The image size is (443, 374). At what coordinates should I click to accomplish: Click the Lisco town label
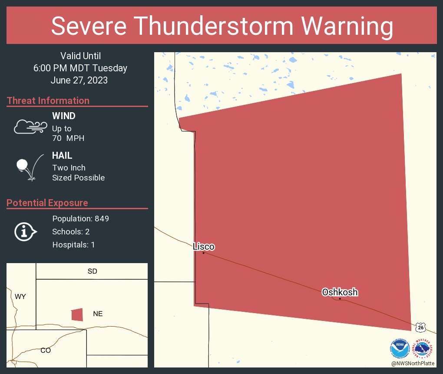tap(204, 247)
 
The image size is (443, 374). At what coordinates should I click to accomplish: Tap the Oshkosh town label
tap(340, 292)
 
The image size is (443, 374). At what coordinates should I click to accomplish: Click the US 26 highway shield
tap(420, 327)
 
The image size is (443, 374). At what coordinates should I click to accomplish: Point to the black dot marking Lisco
tap(203, 253)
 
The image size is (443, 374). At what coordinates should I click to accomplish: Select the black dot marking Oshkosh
tap(340, 299)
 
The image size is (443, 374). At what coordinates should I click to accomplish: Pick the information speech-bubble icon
tap(26, 231)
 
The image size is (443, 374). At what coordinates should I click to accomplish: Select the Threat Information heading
tap(48, 100)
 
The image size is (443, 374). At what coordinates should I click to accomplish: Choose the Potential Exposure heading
tap(47, 203)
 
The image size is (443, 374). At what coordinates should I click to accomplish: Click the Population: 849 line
tap(80, 218)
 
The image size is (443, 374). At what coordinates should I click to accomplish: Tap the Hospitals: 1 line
tap(73, 244)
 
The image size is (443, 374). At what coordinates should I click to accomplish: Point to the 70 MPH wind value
tap(68, 138)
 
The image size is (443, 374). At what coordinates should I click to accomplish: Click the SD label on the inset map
tap(92, 271)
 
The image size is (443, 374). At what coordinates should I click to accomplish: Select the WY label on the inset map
tap(20, 297)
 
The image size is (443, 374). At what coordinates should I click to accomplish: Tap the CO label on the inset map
tap(46, 350)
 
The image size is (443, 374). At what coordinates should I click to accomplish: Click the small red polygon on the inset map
tap(77, 314)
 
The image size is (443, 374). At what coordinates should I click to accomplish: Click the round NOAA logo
tap(400, 348)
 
